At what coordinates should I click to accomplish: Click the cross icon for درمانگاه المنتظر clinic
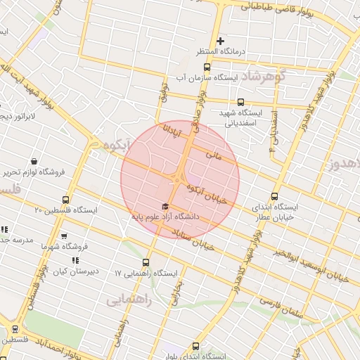coord(220,41)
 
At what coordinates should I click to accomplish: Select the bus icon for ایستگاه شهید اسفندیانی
coord(240,102)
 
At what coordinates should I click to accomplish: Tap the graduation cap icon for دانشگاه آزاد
coord(165,207)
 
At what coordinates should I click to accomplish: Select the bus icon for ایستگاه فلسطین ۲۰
coord(66,200)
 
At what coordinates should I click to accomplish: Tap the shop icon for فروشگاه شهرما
coord(65,236)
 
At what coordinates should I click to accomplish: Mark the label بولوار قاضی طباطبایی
coord(278,8)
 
